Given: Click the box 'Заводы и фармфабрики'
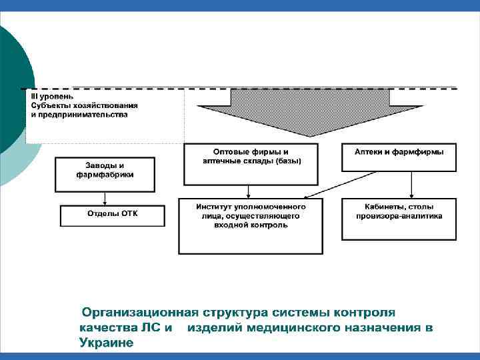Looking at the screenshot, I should [105, 174].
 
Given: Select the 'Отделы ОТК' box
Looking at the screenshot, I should [111, 215].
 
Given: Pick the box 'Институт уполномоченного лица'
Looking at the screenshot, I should [251, 226].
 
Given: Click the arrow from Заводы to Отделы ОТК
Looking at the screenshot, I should [105, 199].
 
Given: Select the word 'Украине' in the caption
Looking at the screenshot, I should [106, 343].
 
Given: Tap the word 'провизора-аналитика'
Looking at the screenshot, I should [399, 216].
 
